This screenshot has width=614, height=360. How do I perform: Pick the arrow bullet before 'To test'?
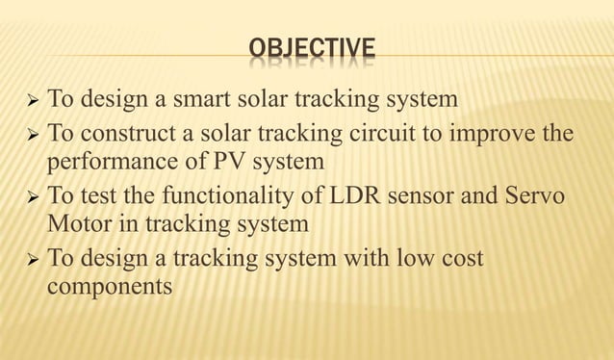[28, 197]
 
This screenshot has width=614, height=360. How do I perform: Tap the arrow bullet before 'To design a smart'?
[28, 99]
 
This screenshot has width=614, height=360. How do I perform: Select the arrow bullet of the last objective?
[28, 260]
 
